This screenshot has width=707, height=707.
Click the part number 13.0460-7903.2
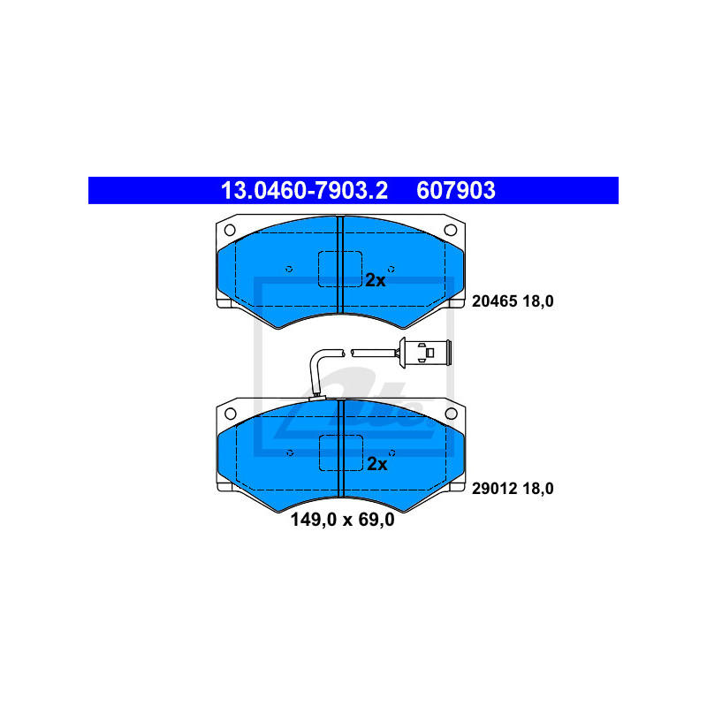(304, 190)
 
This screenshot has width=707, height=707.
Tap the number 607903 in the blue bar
(456, 190)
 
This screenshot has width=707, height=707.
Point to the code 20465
(495, 301)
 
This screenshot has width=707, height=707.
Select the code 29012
(495, 489)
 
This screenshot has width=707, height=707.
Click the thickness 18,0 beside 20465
(538, 301)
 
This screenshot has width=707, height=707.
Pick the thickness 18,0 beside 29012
(538, 489)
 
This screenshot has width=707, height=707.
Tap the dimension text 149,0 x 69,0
(343, 520)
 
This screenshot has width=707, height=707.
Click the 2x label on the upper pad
(375, 280)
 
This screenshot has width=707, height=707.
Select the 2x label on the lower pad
(377, 464)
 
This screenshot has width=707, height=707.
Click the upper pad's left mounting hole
(230, 230)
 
